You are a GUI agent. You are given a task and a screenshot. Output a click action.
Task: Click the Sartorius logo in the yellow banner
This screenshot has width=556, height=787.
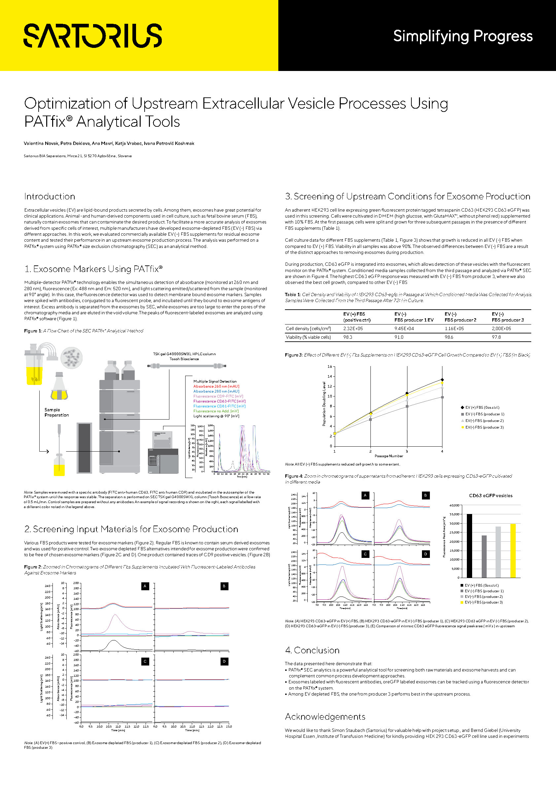click(x=92, y=35)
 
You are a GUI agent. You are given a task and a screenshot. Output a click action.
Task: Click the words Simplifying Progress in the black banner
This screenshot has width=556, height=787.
click(x=463, y=36)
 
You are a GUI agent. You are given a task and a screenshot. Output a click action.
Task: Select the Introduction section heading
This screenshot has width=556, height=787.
click(x=50, y=196)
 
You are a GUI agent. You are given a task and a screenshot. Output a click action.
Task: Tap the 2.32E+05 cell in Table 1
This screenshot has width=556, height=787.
click(x=353, y=328)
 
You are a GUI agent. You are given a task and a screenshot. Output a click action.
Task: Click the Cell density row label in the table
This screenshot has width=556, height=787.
click(x=308, y=328)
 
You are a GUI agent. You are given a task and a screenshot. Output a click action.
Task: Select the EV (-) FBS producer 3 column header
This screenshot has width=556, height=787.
click(x=507, y=317)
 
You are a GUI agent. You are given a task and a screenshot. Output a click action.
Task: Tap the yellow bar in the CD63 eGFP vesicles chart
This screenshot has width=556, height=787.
click(x=513, y=551)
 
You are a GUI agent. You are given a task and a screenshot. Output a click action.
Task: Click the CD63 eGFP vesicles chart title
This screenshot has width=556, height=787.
click(x=491, y=496)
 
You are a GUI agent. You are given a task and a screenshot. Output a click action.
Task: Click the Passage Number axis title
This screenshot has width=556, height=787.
click(x=389, y=456)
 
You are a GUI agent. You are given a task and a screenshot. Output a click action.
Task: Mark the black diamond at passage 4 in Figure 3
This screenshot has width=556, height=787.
click(x=442, y=380)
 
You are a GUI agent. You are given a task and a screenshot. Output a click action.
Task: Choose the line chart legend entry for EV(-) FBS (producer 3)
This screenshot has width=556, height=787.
click(x=484, y=427)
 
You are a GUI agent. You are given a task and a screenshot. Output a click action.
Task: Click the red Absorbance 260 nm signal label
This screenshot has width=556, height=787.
click(x=216, y=386)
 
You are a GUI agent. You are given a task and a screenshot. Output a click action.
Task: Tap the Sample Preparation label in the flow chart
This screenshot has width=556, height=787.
click(x=56, y=412)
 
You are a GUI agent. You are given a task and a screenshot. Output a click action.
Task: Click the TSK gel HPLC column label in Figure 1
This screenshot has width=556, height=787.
click(x=184, y=356)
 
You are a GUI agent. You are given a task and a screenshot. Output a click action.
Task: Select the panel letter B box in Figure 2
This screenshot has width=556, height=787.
click(x=224, y=586)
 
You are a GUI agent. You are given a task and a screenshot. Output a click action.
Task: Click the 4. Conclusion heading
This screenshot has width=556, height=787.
click(x=312, y=650)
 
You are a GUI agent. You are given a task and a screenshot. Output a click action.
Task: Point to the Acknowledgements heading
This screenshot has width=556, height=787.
click(x=325, y=717)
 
